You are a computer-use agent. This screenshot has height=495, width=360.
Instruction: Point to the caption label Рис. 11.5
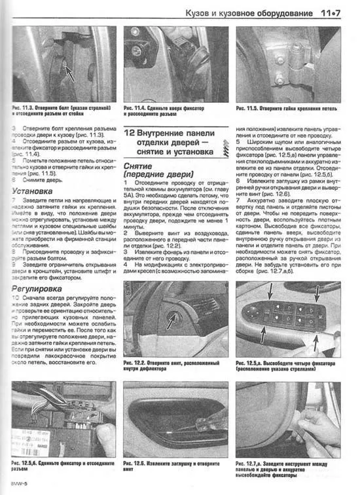[252, 107]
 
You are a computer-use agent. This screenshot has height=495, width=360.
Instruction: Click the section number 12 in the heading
[131, 134]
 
